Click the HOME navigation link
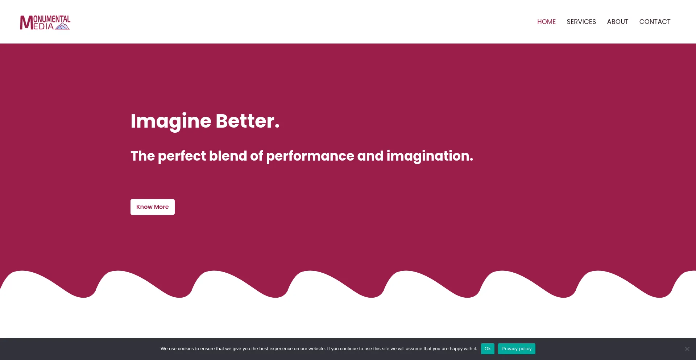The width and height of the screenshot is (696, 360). click(546, 22)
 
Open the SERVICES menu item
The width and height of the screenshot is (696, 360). click(581, 22)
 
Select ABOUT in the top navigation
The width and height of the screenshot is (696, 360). click(617, 22)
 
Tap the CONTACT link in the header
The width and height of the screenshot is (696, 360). click(655, 22)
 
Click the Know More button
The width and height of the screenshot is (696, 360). click(152, 207)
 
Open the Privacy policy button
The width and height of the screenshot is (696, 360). click(517, 349)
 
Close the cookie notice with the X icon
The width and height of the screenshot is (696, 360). click(687, 349)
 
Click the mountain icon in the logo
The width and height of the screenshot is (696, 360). click(62, 26)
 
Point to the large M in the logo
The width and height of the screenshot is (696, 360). click(26, 22)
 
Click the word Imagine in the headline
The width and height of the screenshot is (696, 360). click(171, 121)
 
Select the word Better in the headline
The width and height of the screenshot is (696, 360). click(248, 121)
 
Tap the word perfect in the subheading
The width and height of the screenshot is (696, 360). click(182, 156)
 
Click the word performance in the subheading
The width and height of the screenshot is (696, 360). click(310, 156)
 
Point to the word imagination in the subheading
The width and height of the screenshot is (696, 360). click(430, 156)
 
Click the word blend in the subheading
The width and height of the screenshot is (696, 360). click(228, 156)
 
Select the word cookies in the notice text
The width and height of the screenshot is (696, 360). click(186, 349)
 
